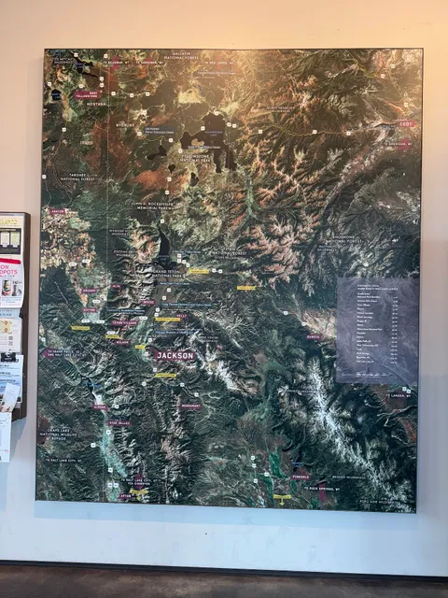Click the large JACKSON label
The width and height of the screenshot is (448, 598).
175,356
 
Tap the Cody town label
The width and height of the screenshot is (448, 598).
405,123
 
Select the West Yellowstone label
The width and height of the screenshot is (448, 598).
87,93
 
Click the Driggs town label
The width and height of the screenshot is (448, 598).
91,291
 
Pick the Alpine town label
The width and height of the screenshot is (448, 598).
101,407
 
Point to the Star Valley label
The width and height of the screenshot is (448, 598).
119,422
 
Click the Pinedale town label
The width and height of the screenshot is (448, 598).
301,476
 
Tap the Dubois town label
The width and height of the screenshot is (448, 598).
314,337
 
